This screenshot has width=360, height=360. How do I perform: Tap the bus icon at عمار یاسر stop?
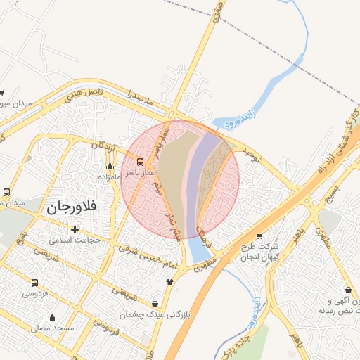click(x=140, y=162)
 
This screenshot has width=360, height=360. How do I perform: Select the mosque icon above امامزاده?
click(x=110, y=167)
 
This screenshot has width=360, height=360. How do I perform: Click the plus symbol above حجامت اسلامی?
click(x=75, y=229)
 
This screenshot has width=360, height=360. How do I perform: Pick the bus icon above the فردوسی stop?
click(x=34, y=283)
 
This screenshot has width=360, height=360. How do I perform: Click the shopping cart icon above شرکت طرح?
click(x=259, y=236)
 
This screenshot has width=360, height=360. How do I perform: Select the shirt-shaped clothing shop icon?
click(x=169, y=282)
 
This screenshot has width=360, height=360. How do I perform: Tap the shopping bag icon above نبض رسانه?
click(x=348, y=290)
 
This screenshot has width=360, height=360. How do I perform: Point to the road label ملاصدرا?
click(x=141, y=96)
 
